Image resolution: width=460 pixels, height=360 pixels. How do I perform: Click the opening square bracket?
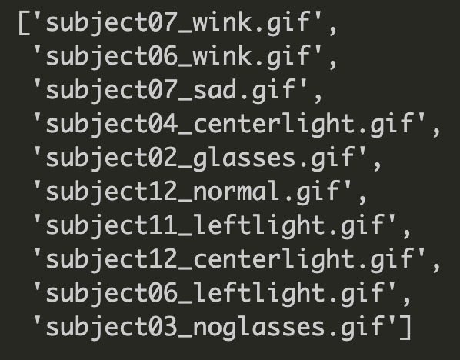click(24, 23)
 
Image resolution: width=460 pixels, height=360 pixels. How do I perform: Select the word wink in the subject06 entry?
click(222, 55)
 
